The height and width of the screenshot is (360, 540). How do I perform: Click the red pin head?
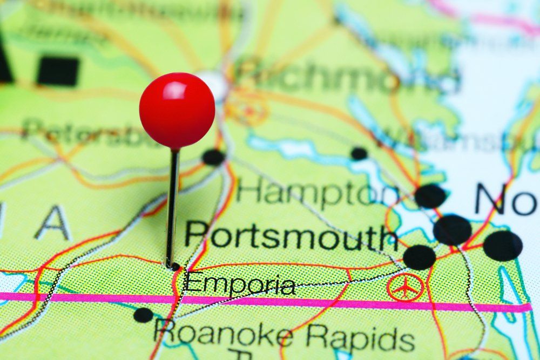pos(177,110)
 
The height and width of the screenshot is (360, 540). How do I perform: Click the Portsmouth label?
pos(292,236)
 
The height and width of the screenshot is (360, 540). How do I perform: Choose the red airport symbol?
pos(405,287)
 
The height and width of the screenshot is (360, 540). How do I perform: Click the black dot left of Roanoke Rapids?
pos(143,315)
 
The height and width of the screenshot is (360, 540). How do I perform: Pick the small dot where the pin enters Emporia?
pos(175,266)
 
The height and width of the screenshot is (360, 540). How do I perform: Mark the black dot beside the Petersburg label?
pos(213,157)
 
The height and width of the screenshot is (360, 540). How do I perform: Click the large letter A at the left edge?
pos(52,223)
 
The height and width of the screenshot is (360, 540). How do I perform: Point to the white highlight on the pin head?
pos(174,91)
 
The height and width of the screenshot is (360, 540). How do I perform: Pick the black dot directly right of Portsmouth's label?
pos(419,257)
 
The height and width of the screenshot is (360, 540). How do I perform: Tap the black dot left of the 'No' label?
pos(430,195)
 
